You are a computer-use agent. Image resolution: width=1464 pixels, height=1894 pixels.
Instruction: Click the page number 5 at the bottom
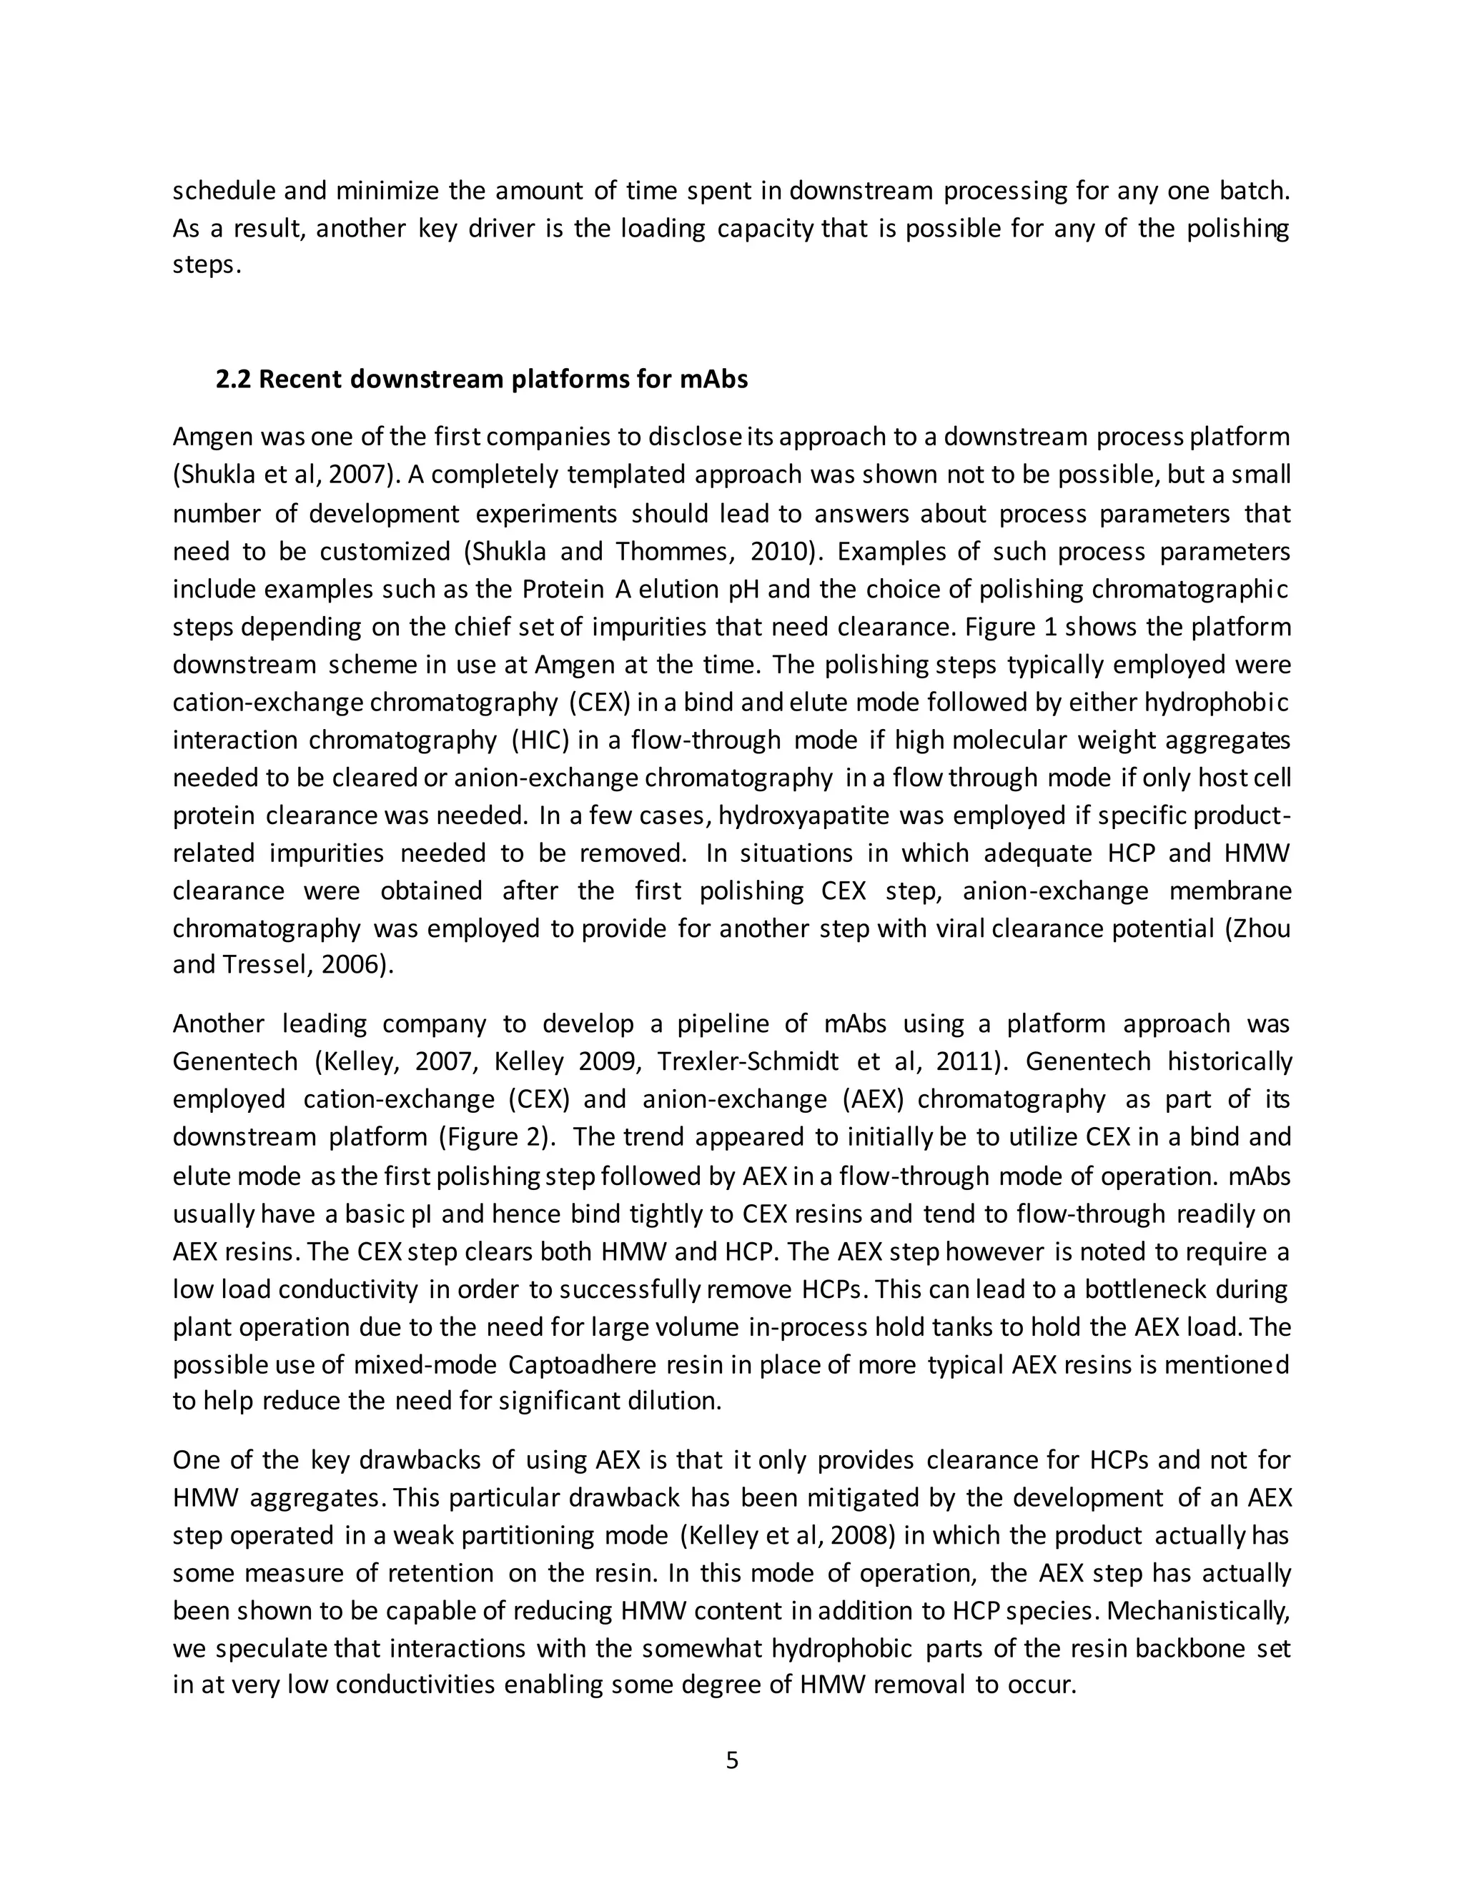[x=731, y=1760]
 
